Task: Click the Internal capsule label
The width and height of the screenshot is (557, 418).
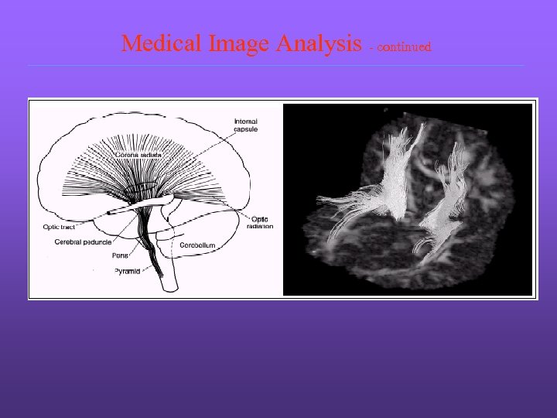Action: click(x=245, y=125)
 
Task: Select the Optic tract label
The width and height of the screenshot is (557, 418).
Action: click(x=60, y=228)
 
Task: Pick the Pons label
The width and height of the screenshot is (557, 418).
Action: click(x=120, y=255)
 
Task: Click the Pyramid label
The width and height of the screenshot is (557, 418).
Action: click(x=127, y=271)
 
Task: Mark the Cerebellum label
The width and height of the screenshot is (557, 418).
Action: click(x=197, y=245)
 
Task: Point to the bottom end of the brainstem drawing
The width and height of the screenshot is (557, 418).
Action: click(x=170, y=288)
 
